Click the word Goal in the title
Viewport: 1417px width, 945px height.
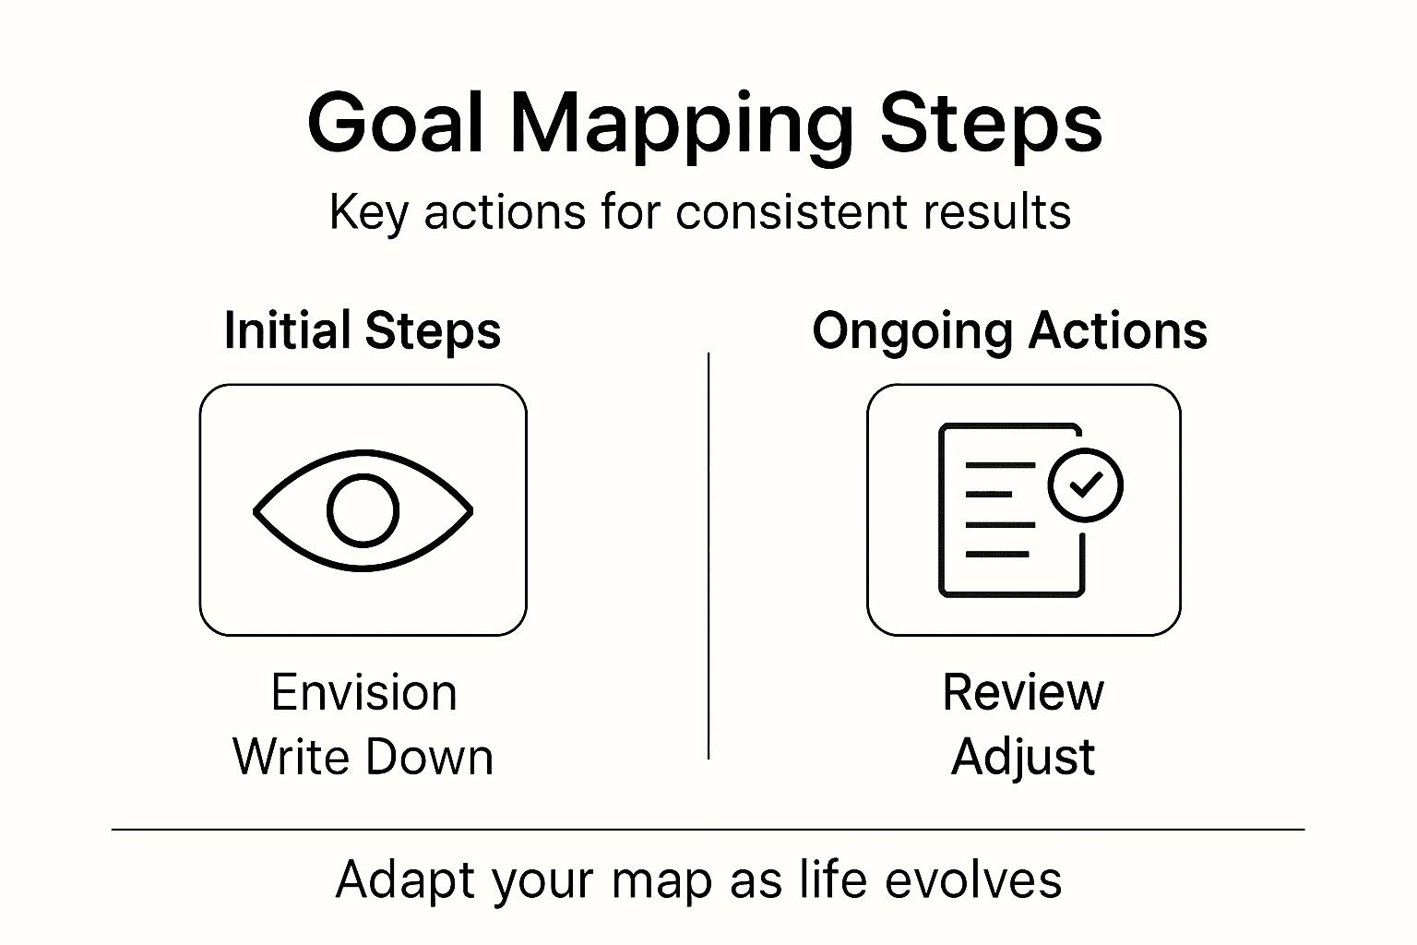click(x=397, y=124)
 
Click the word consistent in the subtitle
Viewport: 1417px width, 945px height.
click(x=792, y=212)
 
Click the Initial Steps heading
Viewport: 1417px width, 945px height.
click(x=363, y=331)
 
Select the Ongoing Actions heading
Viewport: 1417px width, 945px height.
click(x=1009, y=331)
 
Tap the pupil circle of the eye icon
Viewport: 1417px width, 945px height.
click(x=363, y=510)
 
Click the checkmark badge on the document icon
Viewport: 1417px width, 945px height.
click(x=1086, y=484)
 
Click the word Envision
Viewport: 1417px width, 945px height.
click(x=363, y=692)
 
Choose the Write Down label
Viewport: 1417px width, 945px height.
click(x=363, y=757)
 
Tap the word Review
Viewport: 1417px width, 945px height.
click(x=1022, y=692)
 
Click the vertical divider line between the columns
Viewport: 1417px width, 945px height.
click(x=708, y=554)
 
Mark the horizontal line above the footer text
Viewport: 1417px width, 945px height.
click(x=708, y=830)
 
